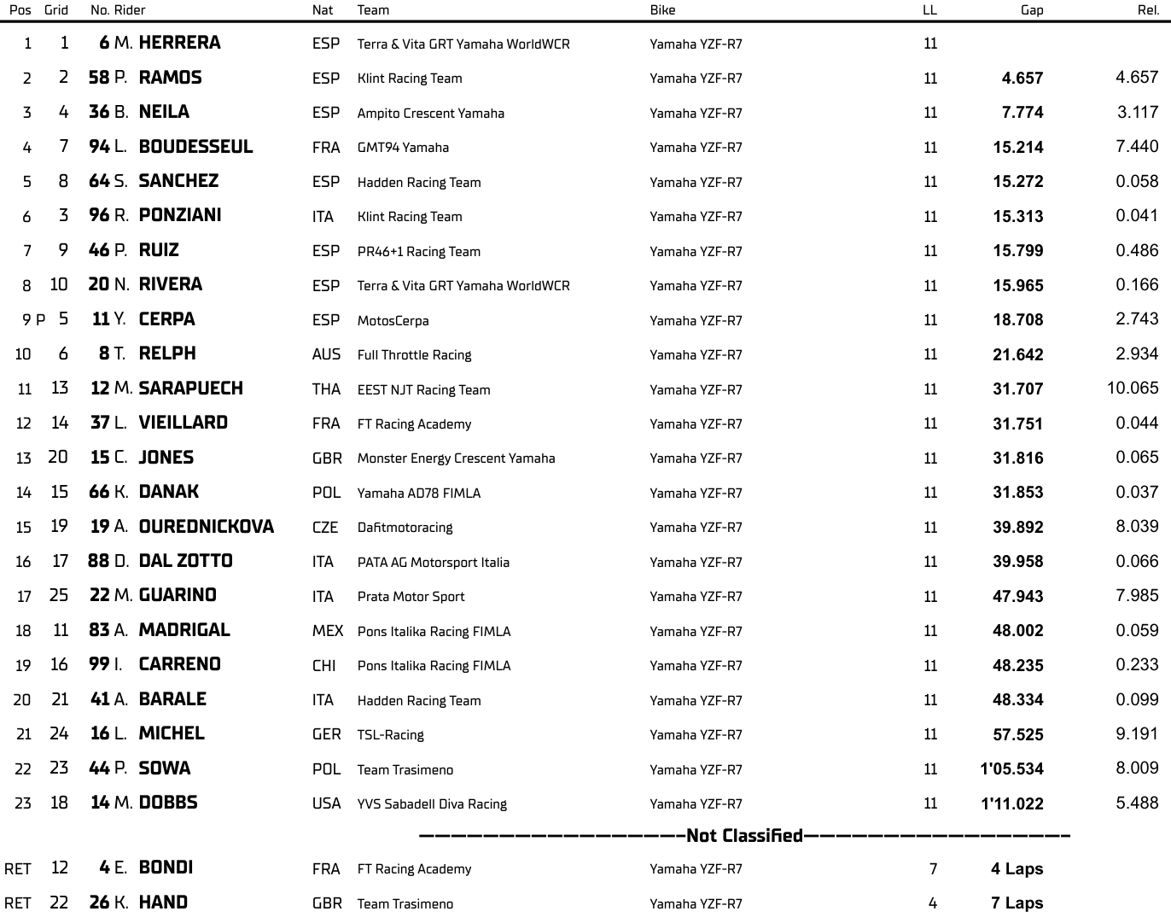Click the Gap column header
(x=1031, y=10)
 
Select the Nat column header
(x=323, y=10)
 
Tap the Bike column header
(x=662, y=10)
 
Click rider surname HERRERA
(x=179, y=43)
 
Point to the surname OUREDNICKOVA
(x=206, y=527)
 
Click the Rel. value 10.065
(x=1133, y=388)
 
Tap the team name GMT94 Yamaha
(x=403, y=148)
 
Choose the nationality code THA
(x=326, y=389)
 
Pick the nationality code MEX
(x=327, y=631)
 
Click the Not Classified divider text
(x=744, y=836)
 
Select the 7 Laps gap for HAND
(x=1017, y=903)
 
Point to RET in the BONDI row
(x=18, y=869)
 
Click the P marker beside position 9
(x=40, y=320)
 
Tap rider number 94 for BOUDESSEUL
(x=99, y=147)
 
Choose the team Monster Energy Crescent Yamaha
(x=456, y=459)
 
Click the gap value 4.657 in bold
(x=1022, y=79)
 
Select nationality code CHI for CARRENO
(x=323, y=666)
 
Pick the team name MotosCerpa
(x=393, y=321)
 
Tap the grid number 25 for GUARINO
(x=58, y=595)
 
